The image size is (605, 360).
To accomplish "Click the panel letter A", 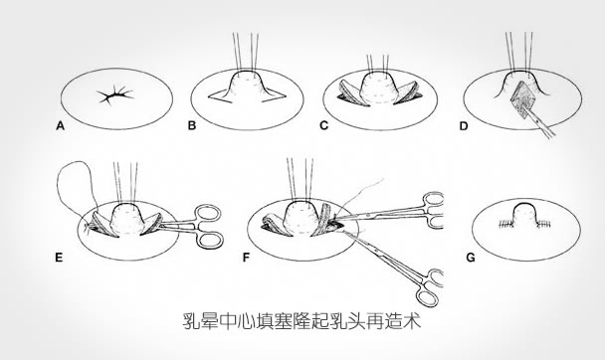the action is click(x=60, y=126).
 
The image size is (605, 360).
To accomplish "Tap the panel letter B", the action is click(x=192, y=126).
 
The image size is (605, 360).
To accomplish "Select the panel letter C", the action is click(x=324, y=125).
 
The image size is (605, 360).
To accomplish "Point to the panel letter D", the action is click(x=464, y=126).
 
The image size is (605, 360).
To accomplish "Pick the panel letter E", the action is click(x=59, y=258).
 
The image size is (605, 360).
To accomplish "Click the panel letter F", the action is click(x=246, y=258).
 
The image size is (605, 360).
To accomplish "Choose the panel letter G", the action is click(x=471, y=258).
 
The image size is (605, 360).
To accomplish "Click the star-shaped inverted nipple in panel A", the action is click(x=115, y=94).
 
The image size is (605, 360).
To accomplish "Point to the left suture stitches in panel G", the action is click(x=504, y=224).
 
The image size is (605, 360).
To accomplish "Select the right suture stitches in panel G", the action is click(x=543, y=223).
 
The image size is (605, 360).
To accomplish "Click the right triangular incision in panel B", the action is click(x=275, y=95).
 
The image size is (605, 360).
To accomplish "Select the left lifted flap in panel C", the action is click(x=352, y=92).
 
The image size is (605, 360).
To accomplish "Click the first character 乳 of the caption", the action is click(x=191, y=320).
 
